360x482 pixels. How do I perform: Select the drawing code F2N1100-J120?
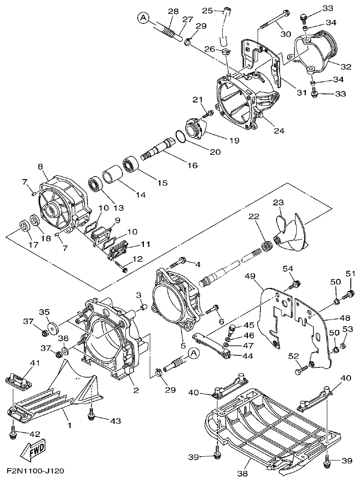pos(35,471)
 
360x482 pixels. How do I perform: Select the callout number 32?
pos(346,67)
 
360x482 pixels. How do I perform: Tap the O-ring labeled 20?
pos(179,136)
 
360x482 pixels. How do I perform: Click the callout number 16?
pos(192,165)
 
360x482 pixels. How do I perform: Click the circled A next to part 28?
pos(143,18)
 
